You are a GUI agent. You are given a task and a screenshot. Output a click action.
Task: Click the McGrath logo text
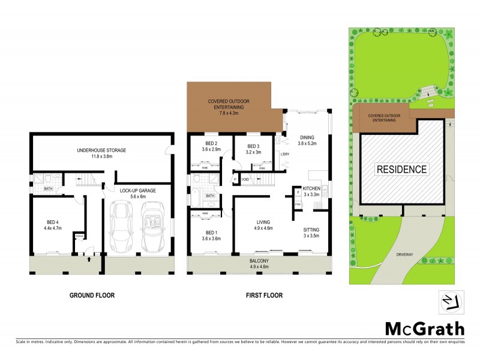tap(424, 329)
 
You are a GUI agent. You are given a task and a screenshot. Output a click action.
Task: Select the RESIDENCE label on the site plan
tap(402, 169)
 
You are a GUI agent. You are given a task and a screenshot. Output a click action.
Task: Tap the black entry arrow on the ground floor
tap(89, 260)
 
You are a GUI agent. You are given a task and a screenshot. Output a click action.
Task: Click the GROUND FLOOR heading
tap(92, 295)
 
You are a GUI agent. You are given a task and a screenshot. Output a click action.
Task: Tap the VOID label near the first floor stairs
tap(245, 179)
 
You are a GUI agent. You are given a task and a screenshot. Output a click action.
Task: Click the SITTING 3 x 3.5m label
tap(311, 233)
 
